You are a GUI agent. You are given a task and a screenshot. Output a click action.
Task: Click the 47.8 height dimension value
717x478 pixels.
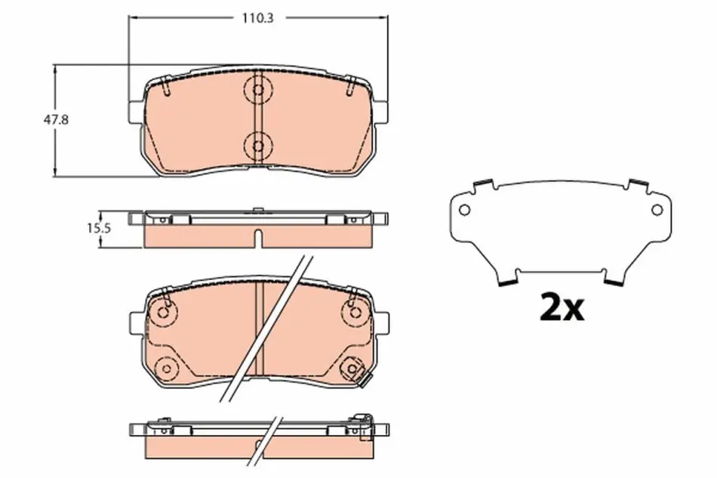pos(56,120)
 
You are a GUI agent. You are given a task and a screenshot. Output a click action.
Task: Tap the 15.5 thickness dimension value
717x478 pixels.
pos(99,228)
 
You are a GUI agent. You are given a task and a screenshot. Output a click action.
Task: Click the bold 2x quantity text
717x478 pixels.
pos(562,307)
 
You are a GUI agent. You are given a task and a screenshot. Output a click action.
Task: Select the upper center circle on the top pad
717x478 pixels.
pos(258,89)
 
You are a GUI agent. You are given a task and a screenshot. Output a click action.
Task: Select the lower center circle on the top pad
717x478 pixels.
pos(258,146)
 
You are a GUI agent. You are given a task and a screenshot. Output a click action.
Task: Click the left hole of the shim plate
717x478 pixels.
pos(464,210)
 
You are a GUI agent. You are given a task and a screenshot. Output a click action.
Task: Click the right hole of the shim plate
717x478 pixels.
pos(657,210)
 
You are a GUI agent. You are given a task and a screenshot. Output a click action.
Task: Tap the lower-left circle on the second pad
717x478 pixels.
pos(165,369)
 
